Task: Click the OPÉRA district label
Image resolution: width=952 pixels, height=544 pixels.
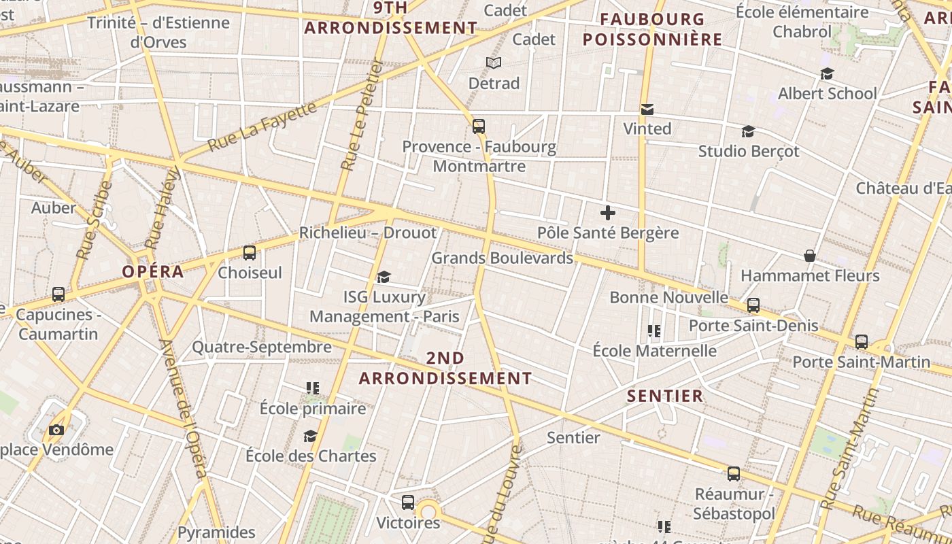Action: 153,272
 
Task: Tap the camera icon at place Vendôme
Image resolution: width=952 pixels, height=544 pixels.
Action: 56,430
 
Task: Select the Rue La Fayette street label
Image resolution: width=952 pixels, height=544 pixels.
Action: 262,127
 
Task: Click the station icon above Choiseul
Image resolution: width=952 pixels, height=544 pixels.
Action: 250,253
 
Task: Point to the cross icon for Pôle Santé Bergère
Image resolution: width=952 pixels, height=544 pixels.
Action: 608,214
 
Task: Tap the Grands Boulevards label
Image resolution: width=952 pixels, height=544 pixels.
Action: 502,258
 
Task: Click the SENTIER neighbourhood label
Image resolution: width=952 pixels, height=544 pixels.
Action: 664,396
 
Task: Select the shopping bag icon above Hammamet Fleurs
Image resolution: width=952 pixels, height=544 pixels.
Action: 810,256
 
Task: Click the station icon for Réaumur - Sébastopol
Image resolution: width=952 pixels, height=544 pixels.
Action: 734,473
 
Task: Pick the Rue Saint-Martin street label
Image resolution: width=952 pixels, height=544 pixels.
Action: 846,449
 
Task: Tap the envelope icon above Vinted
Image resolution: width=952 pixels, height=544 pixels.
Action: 647,109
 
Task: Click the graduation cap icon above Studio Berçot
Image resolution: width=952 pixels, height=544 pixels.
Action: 748,131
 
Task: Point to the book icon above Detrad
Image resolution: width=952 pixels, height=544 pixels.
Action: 494,63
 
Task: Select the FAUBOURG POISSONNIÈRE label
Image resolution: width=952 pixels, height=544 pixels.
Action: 652,30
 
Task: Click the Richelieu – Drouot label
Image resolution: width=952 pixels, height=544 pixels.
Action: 368,233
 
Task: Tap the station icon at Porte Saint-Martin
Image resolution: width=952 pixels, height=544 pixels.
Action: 862,341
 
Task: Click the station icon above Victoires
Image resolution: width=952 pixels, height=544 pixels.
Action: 408,503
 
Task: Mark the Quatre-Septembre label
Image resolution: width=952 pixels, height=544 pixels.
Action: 262,347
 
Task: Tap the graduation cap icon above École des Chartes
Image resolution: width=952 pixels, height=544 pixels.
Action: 311,436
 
